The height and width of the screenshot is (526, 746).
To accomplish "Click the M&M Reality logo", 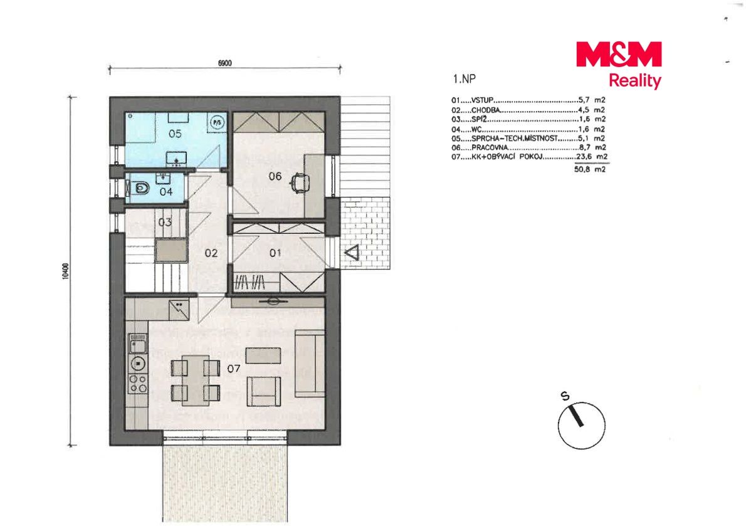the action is tap(619, 65).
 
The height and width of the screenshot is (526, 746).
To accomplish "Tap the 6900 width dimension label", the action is tap(224, 63).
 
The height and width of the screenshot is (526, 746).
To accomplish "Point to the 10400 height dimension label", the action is tap(65, 271).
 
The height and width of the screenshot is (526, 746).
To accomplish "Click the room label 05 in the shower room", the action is tap(175, 134).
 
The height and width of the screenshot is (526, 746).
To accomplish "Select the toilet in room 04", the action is tap(140, 189).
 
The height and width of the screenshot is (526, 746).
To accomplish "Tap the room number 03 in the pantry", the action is tap(165, 222).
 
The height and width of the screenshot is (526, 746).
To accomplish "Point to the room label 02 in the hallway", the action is tap(211, 253).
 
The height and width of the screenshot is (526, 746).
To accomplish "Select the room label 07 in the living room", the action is tap(234, 369).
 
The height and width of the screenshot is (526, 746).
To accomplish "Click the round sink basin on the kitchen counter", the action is tap(138, 364).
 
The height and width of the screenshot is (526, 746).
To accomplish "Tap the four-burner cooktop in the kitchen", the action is tap(138, 383).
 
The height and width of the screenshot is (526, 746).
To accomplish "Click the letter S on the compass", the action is tap(565, 396).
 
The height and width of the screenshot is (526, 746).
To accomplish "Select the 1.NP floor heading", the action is tap(465, 79).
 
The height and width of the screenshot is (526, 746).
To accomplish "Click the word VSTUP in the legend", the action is tap(483, 100).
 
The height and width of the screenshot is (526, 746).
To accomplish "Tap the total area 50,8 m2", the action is tap(590, 169).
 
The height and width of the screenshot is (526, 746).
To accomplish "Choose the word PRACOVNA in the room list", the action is tap(490, 147).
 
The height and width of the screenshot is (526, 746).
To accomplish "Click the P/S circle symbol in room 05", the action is tap(218, 122).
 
